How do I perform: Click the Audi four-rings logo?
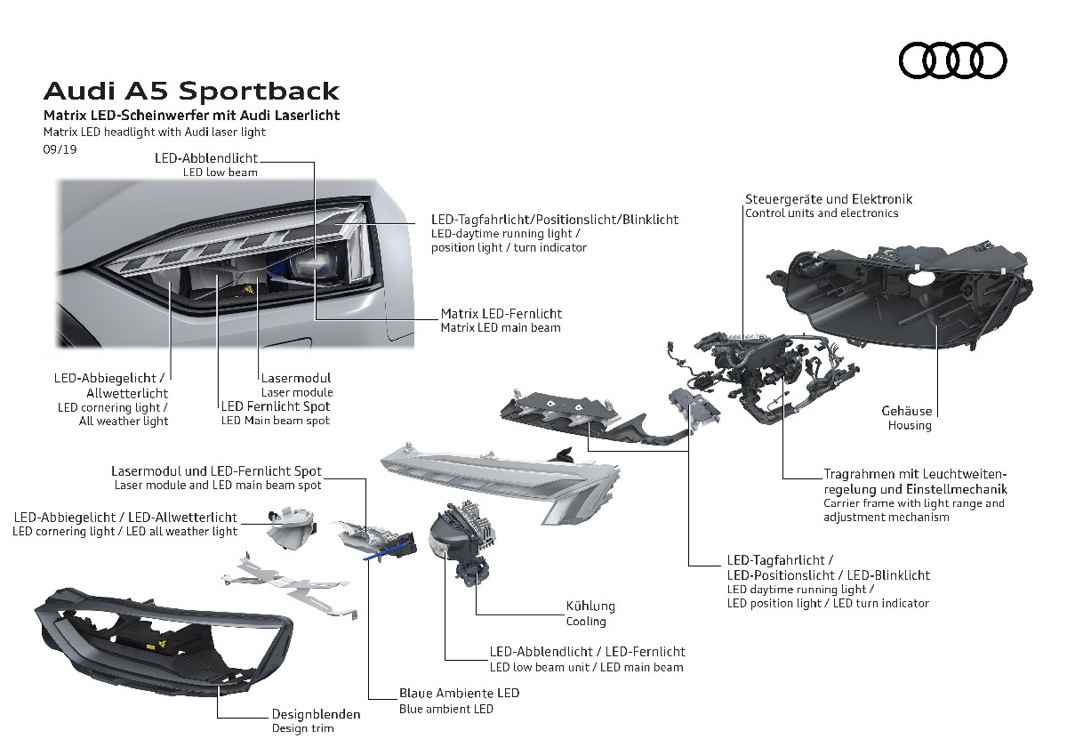[953, 60]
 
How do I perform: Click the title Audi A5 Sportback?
[191, 91]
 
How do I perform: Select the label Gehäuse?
[907, 411]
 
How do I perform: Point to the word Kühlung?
[590, 606]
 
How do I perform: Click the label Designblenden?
[316, 713]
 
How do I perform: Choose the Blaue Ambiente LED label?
[459, 693]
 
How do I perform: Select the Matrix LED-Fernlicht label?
[501, 314]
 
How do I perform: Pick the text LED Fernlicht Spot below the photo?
[276, 406]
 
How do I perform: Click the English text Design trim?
[303, 729]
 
